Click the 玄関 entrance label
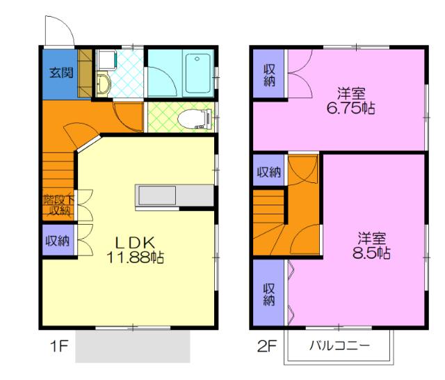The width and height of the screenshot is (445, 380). click(x=61, y=72)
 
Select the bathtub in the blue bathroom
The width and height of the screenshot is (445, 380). click(x=198, y=72)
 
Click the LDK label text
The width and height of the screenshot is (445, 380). click(x=135, y=243)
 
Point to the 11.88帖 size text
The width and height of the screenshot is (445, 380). click(x=135, y=258)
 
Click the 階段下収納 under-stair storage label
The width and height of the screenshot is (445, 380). click(x=58, y=205)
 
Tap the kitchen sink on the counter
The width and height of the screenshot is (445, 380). click(x=157, y=195)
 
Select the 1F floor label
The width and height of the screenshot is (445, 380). click(x=58, y=346)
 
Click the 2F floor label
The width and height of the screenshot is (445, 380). click(x=266, y=346)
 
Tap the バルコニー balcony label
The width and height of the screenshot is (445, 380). click(x=339, y=346)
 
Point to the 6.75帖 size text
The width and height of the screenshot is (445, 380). click(x=350, y=108)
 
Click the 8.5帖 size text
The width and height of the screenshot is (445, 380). click(x=371, y=253)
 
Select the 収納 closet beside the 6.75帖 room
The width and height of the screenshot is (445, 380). click(x=269, y=74)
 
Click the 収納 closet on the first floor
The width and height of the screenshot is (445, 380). click(x=58, y=240)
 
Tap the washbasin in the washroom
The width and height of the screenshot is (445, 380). click(x=104, y=84)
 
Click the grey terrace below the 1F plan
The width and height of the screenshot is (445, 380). click(x=133, y=346)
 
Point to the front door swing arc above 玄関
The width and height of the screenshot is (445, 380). click(x=66, y=25)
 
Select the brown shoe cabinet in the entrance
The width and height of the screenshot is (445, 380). click(x=85, y=74)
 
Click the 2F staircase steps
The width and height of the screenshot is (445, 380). click(x=269, y=222)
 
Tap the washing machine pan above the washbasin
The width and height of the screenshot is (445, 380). click(x=106, y=60)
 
